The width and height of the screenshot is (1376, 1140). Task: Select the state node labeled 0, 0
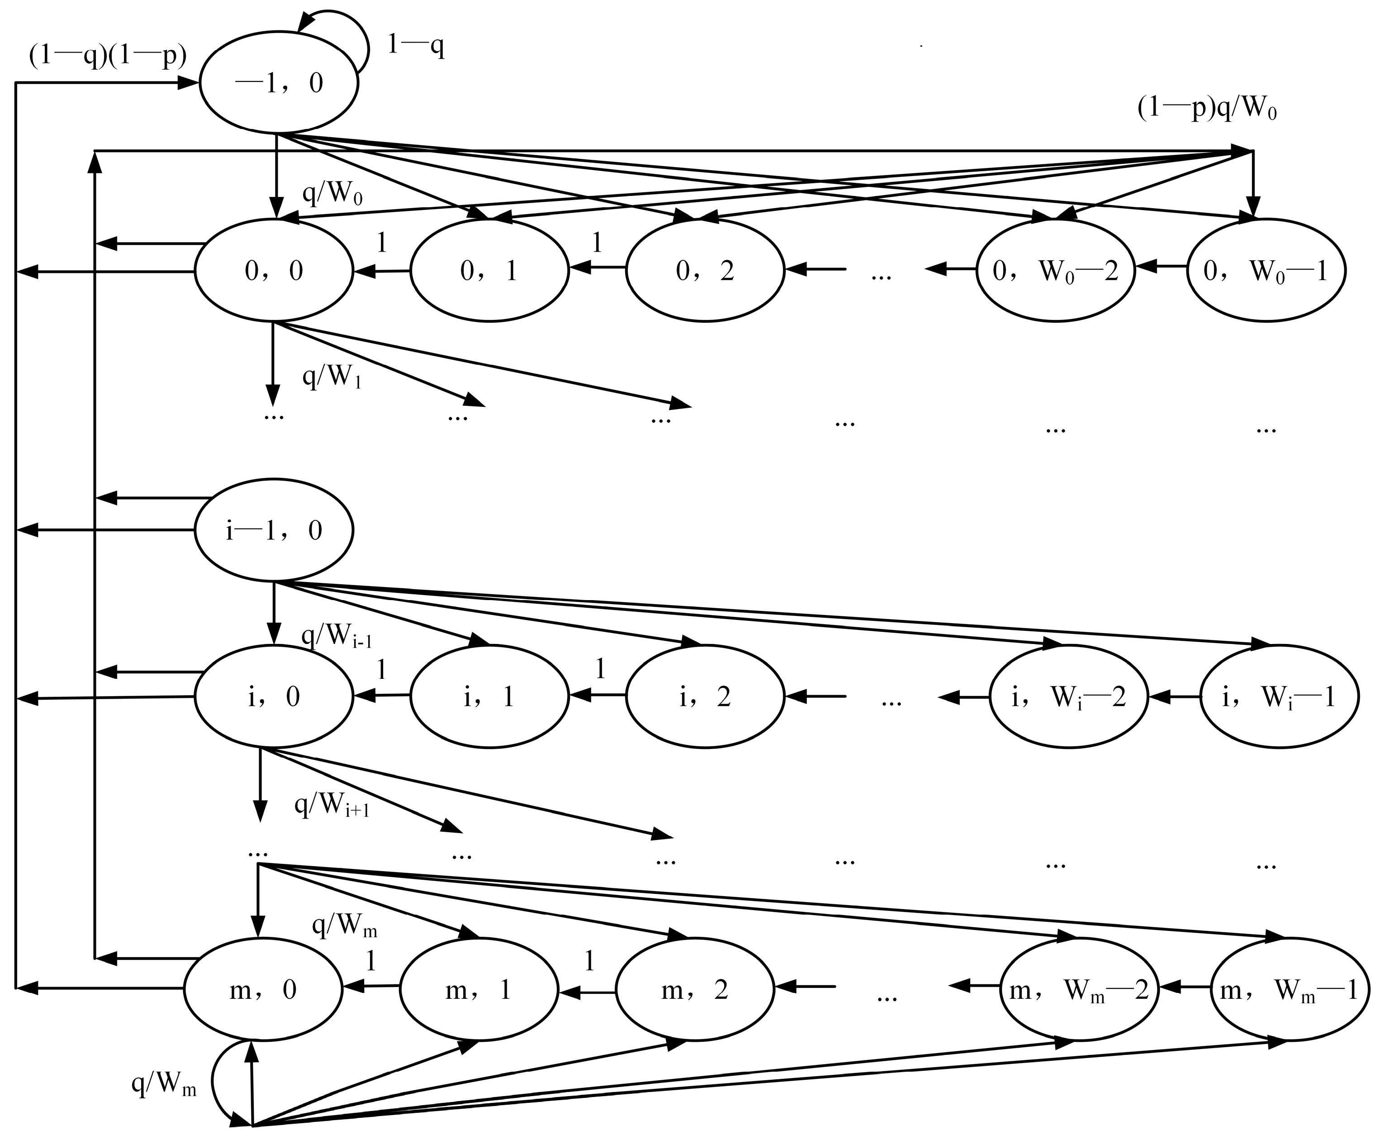point(274,271)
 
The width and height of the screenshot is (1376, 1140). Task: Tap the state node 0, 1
point(489,271)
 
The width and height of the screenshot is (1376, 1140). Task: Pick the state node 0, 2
point(705,271)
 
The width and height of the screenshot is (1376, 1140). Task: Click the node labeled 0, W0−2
point(1056,271)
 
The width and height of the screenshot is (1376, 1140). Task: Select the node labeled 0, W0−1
point(1266,271)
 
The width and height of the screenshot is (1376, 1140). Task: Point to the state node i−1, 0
point(274,529)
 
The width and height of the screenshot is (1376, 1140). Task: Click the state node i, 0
point(274,696)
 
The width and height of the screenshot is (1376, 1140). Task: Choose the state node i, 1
point(489,696)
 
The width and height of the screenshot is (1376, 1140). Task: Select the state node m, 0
point(263,989)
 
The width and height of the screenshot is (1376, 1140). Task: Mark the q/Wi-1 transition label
point(336,636)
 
